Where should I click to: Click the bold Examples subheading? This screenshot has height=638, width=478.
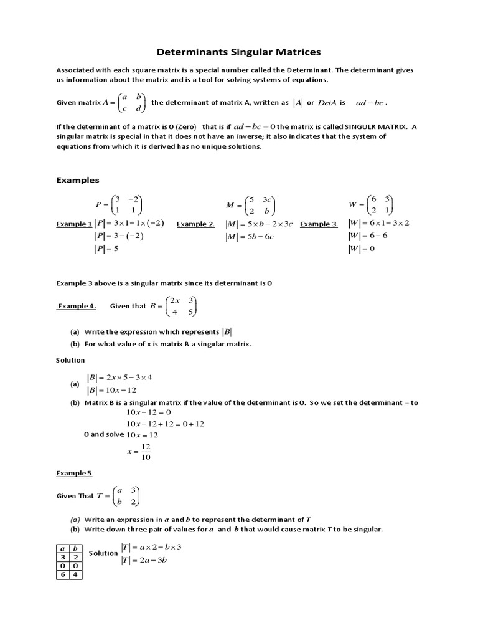pos(78,180)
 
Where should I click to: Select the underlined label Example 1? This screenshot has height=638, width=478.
pos(74,224)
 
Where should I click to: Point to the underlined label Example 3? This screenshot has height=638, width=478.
pos(319,224)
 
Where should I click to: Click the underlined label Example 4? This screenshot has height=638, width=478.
pos(77,306)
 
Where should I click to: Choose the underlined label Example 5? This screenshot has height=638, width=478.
pos(74,474)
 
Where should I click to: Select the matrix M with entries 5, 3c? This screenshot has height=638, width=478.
pos(250,205)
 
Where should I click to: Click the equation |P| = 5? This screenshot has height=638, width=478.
pos(106,249)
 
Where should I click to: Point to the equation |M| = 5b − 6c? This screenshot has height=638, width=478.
pos(250,237)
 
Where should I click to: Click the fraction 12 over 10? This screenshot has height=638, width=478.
pos(146,452)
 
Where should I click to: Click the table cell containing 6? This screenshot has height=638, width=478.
pos(62,575)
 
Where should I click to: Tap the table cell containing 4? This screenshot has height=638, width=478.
pos(75,575)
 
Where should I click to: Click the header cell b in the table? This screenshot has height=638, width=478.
pos(75,548)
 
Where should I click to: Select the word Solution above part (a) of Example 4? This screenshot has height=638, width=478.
pos(70,360)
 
